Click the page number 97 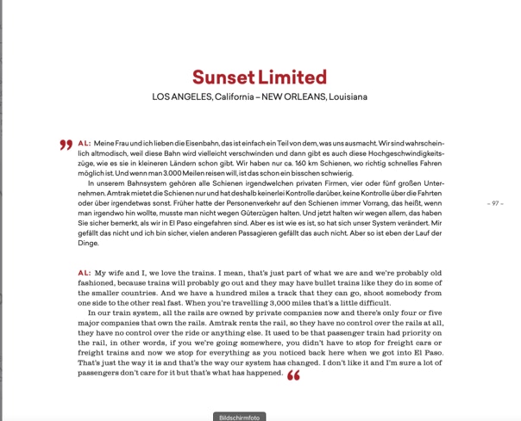click(494, 203)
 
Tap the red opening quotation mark click(66, 145)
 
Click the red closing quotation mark click(293, 376)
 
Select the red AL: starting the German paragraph click(84, 143)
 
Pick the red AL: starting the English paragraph click(84, 272)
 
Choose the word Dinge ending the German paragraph click(88, 244)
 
